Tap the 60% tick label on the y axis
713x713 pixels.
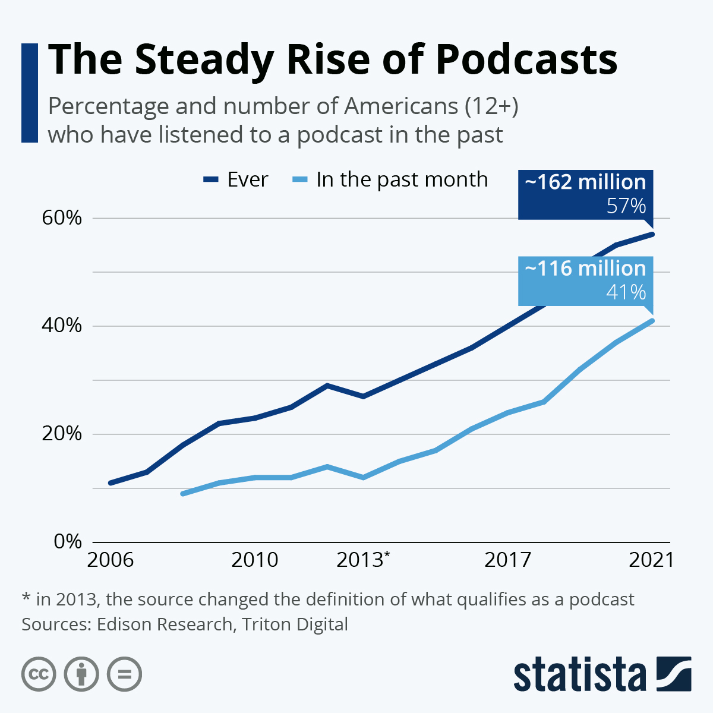[61, 217]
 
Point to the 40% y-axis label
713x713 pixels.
[61, 326]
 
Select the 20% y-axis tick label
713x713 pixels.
[61, 434]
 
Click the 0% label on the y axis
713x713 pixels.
[67, 542]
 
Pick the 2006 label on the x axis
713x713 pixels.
[110, 560]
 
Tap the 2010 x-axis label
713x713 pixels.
[255, 560]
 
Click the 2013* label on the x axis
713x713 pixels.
[363, 560]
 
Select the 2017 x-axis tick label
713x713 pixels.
[508, 560]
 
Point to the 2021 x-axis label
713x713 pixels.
[652, 560]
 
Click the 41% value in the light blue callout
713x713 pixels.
[626, 292]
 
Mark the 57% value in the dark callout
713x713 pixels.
[626, 206]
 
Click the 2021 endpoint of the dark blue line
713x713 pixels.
[652, 234]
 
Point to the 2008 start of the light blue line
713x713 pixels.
[182, 494]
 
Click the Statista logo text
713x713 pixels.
[580, 675]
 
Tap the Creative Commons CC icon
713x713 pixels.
[39, 674]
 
